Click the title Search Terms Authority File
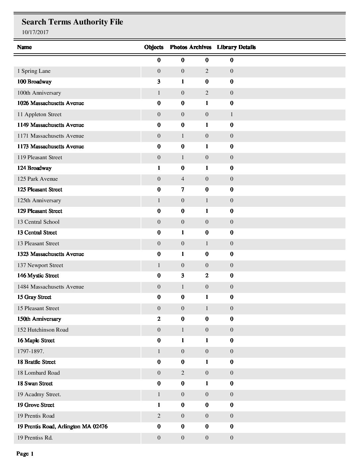click(72, 22)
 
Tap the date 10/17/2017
click(35, 32)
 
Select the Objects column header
click(154, 47)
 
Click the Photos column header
click(178, 47)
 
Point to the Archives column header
click(201, 47)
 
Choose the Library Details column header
click(236, 47)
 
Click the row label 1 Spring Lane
click(34, 71)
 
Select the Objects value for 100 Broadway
click(159, 82)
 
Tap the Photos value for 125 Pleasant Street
click(183, 190)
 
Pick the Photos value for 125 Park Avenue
click(183, 179)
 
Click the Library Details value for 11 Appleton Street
click(232, 115)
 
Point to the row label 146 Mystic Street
click(38, 276)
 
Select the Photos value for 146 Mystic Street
click(183, 276)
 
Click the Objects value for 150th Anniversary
click(159, 319)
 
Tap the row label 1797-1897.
click(30, 351)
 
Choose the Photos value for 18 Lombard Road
click(183, 373)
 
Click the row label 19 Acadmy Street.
click(39, 395)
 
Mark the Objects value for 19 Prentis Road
click(159, 416)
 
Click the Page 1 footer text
click(25, 454)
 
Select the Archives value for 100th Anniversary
click(207, 93)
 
